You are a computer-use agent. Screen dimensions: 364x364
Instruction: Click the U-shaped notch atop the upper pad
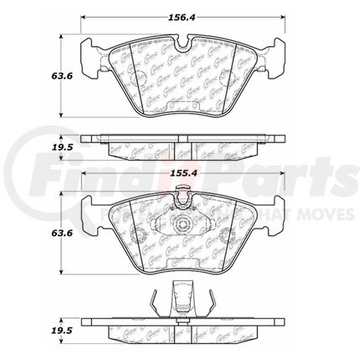pos(182,44)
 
